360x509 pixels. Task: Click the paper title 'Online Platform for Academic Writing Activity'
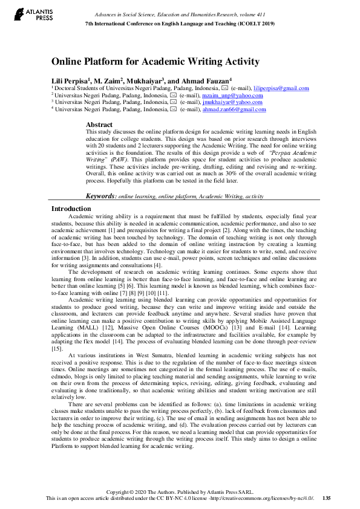pos(155,62)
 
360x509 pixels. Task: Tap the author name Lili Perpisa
pos(71,80)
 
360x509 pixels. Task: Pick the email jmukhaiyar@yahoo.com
pos(237,102)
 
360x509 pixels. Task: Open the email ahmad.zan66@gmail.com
pos(234,109)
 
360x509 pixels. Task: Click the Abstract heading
pos(100,124)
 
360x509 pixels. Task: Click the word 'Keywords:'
pos(101,196)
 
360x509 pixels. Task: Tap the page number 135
pos(326,499)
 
